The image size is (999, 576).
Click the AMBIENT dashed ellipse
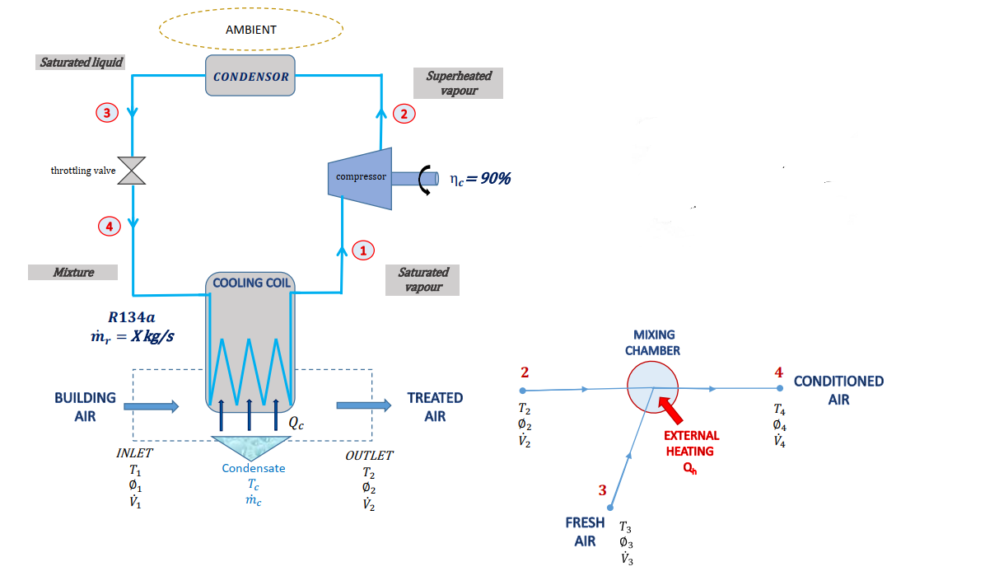click(x=250, y=30)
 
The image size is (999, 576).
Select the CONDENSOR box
click(x=250, y=77)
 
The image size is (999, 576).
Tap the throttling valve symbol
click(x=131, y=171)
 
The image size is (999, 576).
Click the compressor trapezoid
click(x=360, y=176)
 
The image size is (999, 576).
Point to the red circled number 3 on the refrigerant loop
click(x=106, y=113)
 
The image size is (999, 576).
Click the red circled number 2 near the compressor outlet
click(x=404, y=114)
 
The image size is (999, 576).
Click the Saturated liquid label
click(x=82, y=63)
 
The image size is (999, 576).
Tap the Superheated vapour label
click(x=458, y=82)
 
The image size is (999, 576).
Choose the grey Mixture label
click(x=72, y=272)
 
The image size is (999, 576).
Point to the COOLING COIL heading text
click(x=251, y=283)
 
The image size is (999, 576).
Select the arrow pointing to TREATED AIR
click(x=363, y=405)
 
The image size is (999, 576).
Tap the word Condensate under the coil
click(x=253, y=468)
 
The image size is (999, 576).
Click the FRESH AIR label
click(x=585, y=532)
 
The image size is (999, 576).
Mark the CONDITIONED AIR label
click(x=838, y=390)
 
